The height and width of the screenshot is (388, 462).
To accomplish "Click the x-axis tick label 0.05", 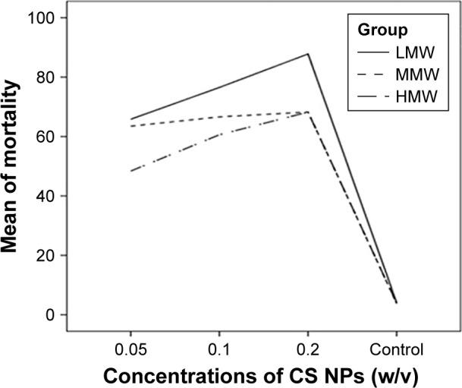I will [x=130, y=335].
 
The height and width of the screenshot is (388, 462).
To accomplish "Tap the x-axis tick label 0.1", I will [x=219, y=335].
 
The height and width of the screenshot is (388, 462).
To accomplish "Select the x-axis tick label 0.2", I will [x=307, y=335].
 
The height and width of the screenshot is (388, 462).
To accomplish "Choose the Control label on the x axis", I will [x=396, y=335].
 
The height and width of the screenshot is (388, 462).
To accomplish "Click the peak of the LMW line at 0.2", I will [x=307, y=54].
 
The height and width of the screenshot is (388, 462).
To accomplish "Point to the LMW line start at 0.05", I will [x=130, y=119].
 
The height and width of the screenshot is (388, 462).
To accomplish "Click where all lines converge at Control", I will [x=396, y=302].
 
